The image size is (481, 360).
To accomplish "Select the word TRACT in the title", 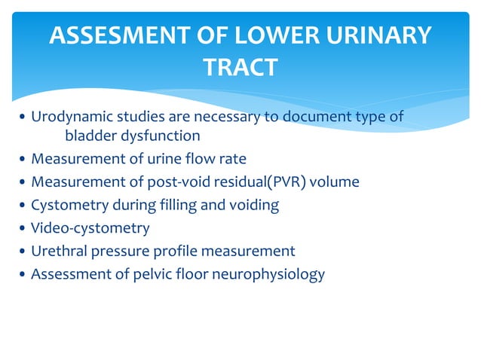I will click(240, 69).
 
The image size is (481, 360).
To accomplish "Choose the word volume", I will click(332, 182).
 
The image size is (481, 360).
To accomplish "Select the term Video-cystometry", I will click(90, 227).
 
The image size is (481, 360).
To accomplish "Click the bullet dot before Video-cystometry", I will click(23, 228).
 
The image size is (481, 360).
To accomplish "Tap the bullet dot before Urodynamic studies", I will click(23, 117).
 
